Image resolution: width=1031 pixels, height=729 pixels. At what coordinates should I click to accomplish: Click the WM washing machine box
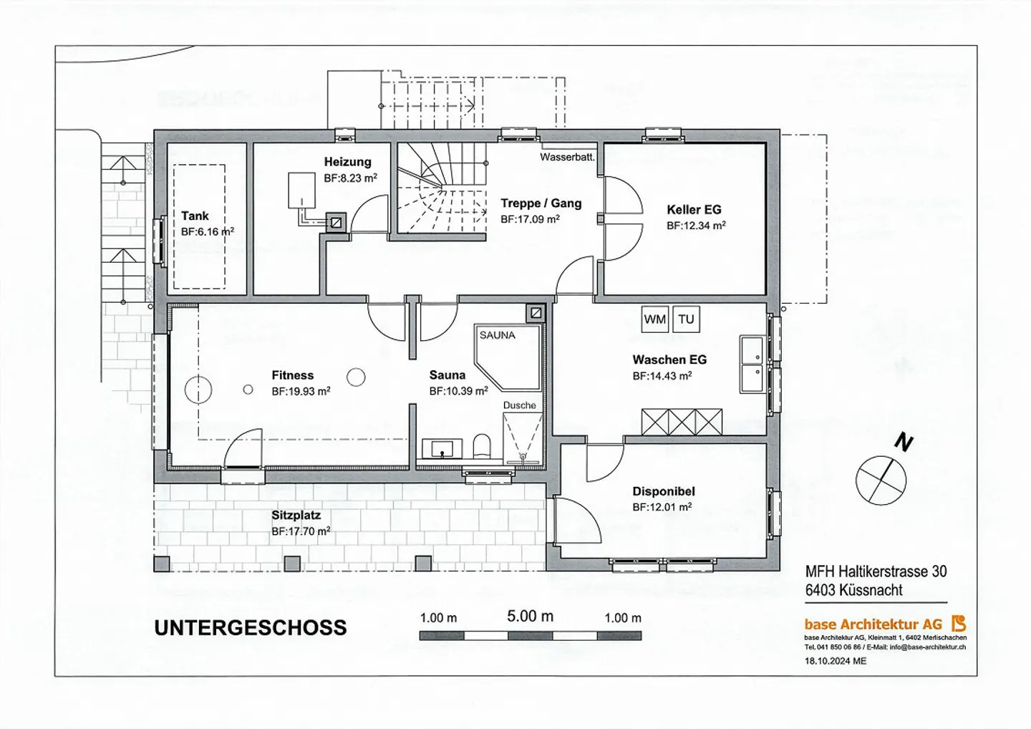(654, 319)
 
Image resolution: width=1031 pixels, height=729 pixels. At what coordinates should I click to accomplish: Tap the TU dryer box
(686, 319)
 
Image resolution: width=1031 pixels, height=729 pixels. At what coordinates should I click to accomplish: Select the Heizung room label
(347, 162)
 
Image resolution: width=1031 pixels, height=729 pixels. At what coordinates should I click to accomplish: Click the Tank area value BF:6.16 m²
(207, 232)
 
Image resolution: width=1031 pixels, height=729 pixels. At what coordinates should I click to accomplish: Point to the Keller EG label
(694, 210)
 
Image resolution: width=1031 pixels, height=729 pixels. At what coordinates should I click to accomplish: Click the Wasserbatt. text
(567, 157)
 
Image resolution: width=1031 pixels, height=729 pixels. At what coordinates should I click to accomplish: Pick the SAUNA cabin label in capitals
(497, 335)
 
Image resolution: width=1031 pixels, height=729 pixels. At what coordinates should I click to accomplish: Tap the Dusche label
(519, 405)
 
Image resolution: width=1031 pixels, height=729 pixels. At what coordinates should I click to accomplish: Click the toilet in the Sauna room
(482, 446)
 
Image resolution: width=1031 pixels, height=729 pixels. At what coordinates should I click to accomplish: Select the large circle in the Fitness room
(198, 390)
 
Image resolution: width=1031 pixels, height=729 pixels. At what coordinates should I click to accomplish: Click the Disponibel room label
(663, 491)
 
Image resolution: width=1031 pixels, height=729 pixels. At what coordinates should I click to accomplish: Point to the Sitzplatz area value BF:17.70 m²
(301, 531)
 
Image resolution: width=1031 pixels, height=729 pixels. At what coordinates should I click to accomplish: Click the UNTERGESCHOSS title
(251, 628)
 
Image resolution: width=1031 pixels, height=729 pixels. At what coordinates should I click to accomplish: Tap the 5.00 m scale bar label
(530, 616)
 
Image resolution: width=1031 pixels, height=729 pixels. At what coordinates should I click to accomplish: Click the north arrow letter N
(904, 443)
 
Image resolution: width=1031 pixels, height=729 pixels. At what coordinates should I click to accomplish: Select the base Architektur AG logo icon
(959, 624)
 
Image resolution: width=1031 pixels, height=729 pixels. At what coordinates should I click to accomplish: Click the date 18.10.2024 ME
(835, 661)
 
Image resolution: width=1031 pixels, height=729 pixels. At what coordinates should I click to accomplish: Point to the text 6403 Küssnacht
(853, 590)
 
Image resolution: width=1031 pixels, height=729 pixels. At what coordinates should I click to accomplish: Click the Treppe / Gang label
(541, 203)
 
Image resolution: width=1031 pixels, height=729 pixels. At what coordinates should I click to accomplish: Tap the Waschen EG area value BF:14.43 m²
(662, 376)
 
